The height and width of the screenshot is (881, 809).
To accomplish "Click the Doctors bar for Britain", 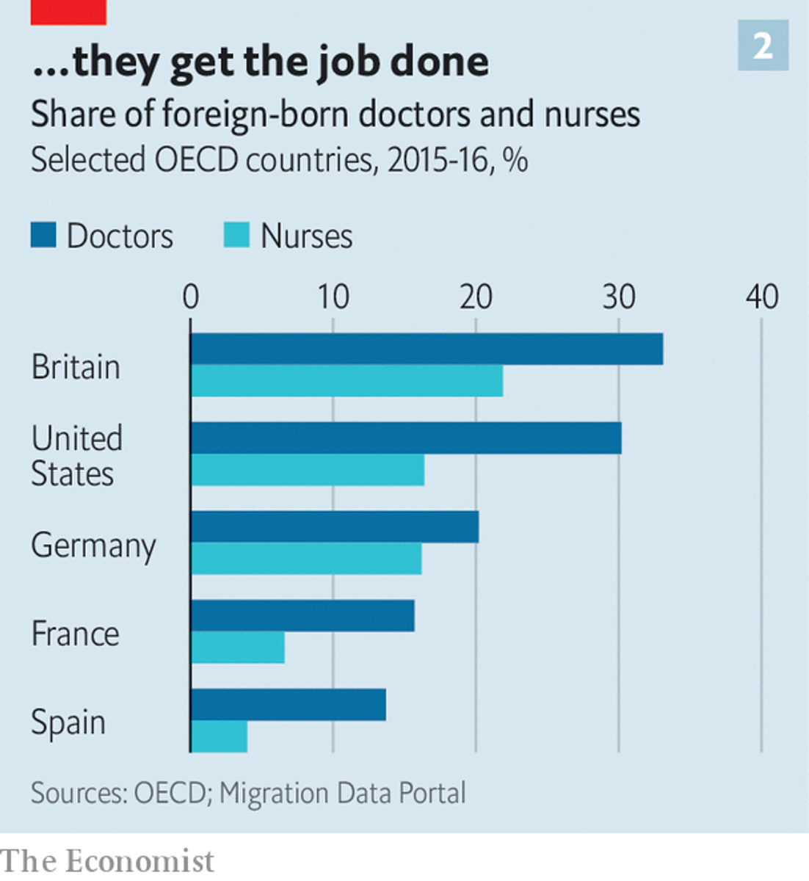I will pos(427,349).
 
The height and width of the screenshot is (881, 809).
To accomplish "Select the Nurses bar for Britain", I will pos(347,381).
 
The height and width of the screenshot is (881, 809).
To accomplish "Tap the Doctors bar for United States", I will pos(406,438).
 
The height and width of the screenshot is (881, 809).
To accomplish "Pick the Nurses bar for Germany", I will pos(306,559).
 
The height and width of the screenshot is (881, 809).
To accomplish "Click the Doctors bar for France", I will pos(302,616).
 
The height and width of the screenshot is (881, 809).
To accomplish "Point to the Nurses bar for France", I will pos(238,648).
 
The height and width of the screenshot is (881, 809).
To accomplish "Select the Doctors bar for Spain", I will pos(289,705).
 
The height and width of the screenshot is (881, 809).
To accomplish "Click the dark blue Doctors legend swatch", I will pos(43,236).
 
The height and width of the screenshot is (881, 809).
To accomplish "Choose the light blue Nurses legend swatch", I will pos(236,236).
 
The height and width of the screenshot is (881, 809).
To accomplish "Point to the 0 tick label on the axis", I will pos(190,297).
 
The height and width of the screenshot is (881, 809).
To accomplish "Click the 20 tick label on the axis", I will pos(476,297).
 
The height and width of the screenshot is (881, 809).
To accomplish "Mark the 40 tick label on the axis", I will pos(761,297).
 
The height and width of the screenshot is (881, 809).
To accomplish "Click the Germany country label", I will pos(93,546).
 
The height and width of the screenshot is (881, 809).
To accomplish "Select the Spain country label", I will pos(68,722).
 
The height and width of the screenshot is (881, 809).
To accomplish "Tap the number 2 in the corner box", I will pos(763,46).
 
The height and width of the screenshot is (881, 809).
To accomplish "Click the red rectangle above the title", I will pos(68,12).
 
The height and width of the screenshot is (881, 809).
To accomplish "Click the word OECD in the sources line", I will pos(170,794).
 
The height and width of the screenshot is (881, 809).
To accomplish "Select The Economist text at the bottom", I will pos(107,861).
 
